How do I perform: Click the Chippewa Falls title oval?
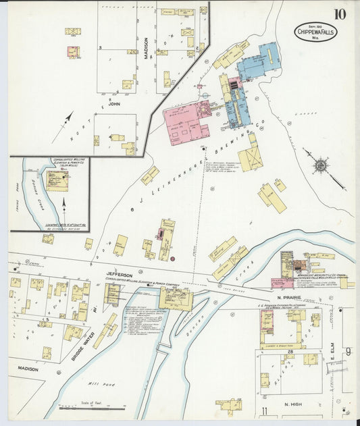pyautogui.click(x=315, y=31)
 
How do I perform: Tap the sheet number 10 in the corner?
pyautogui.click(x=340, y=14)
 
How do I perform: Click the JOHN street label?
pyautogui.click(x=115, y=104)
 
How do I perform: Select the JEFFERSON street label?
pyautogui.click(x=120, y=275)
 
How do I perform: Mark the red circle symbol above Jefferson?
pyautogui.click(x=173, y=258)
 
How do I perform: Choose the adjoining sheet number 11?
pyautogui.click(x=264, y=410)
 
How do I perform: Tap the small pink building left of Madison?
pyautogui.click(x=72, y=51)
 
